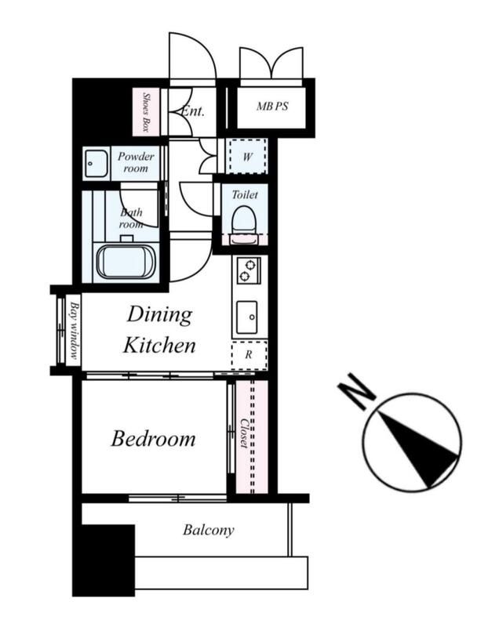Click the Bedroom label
(x=153, y=439)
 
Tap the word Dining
(x=160, y=315)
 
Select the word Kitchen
(x=159, y=345)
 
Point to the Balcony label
(x=209, y=531)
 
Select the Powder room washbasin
(x=96, y=164)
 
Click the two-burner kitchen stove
(x=248, y=270)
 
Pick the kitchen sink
(x=246, y=317)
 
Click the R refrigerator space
(x=249, y=355)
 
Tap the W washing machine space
(x=247, y=156)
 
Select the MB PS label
(x=272, y=107)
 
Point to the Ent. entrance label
(x=193, y=111)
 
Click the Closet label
(x=244, y=433)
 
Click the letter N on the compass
(x=357, y=391)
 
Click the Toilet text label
(x=245, y=195)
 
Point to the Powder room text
(x=136, y=162)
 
